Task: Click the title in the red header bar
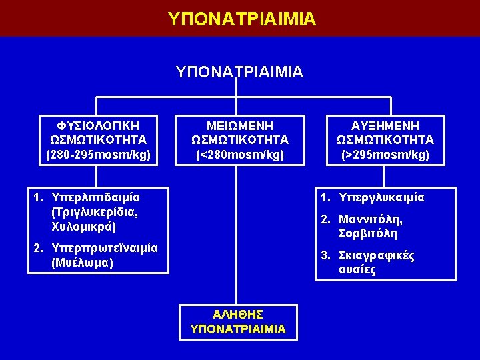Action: (x=242, y=18)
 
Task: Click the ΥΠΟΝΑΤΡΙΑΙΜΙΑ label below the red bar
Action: (x=239, y=71)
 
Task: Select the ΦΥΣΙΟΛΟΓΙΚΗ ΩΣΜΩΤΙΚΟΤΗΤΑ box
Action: (x=98, y=140)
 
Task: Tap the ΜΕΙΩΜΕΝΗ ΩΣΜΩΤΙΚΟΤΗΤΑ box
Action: (x=239, y=140)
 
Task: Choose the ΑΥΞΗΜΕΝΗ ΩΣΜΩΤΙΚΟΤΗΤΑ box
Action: (x=385, y=140)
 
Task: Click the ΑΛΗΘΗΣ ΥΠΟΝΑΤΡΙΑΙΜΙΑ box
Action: (x=238, y=321)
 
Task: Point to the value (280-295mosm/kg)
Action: (x=98, y=155)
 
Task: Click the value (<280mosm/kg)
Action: (x=239, y=155)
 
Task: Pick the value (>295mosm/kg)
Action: (x=385, y=155)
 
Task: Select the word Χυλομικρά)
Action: (x=83, y=227)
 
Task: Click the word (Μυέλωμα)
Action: (x=81, y=263)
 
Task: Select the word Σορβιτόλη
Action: (x=368, y=234)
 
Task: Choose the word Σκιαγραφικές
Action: (x=377, y=256)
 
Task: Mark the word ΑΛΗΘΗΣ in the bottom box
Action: (x=238, y=314)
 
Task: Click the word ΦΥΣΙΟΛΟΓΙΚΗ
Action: (x=98, y=125)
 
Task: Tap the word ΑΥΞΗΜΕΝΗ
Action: (x=385, y=125)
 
